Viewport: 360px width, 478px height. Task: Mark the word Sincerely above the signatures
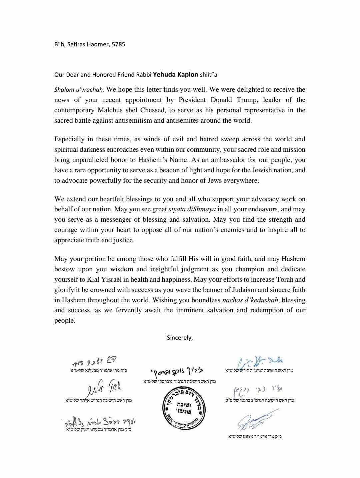pos(180,338)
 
